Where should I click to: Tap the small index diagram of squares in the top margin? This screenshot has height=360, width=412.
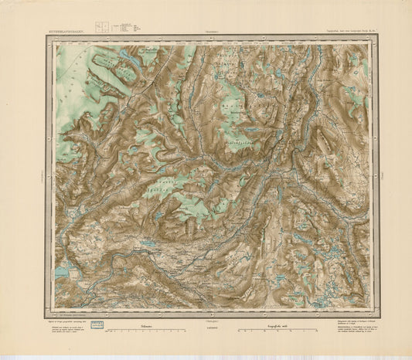[101, 29]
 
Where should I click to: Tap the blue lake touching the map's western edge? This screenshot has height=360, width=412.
[60, 273]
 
